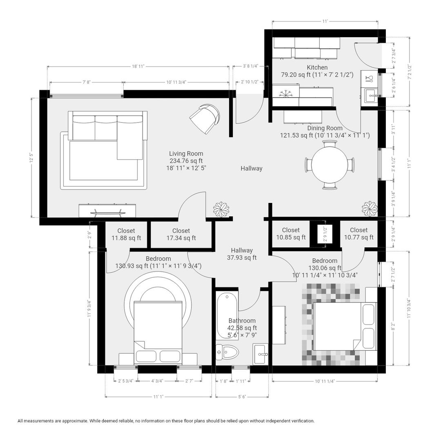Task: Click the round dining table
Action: (x=330, y=165)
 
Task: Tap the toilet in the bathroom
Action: (x=227, y=352)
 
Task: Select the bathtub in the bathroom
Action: (x=227, y=316)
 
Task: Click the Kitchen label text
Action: (x=317, y=67)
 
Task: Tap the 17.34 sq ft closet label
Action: (x=181, y=234)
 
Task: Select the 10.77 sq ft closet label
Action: (x=359, y=234)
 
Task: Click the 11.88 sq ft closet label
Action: (x=126, y=234)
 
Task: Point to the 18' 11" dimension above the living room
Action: (x=138, y=67)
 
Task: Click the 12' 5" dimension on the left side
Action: (x=32, y=158)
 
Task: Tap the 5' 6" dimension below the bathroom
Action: (x=242, y=397)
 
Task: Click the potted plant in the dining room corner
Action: (x=370, y=209)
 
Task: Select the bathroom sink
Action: (x=260, y=354)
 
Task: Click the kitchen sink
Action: (x=371, y=96)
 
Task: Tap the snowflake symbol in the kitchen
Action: (x=286, y=94)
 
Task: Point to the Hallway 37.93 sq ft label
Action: (x=242, y=254)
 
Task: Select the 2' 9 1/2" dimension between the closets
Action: (x=325, y=234)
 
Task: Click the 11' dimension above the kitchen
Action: (x=325, y=21)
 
